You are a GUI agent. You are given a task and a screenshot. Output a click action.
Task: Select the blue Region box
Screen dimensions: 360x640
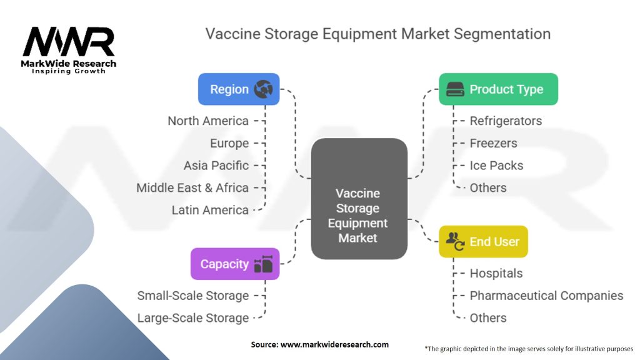(x=238, y=89)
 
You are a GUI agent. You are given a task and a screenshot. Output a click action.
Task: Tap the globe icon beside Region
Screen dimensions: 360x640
(x=264, y=89)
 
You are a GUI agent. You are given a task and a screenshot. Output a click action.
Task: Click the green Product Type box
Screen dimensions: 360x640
(x=497, y=89)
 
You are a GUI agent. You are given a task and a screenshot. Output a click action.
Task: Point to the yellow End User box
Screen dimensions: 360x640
(x=483, y=242)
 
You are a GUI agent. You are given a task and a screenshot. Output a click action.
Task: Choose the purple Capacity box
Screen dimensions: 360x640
(x=234, y=264)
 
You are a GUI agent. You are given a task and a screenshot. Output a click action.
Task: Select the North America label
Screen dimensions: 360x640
(x=207, y=121)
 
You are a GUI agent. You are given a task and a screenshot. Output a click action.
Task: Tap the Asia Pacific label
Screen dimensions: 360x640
(x=216, y=166)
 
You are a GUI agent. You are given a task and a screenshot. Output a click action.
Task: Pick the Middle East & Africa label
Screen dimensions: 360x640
(x=192, y=187)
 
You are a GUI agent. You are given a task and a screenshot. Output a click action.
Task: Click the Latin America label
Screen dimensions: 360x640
(x=210, y=210)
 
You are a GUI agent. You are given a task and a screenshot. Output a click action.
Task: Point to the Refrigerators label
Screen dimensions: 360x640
(x=506, y=121)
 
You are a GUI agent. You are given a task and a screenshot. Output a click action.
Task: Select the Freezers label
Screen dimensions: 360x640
(x=493, y=143)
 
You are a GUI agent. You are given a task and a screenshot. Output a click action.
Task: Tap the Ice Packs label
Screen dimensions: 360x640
(x=496, y=166)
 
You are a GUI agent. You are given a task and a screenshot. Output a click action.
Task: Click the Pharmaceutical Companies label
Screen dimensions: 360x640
(x=546, y=296)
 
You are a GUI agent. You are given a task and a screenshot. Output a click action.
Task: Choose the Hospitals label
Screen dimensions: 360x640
(x=496, y=273)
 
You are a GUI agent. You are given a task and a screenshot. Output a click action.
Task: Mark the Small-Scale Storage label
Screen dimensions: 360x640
(x=193, y=296)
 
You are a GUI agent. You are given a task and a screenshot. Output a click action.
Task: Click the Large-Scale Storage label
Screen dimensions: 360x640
(x=193, y=318)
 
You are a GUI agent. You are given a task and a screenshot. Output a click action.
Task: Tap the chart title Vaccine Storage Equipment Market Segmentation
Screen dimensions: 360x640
(x=378, y=33)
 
